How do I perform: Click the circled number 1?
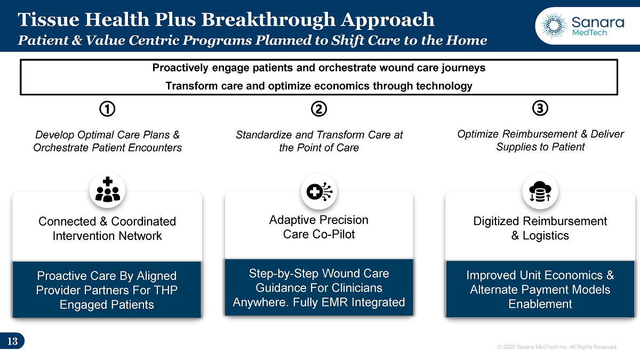tap(107, 109)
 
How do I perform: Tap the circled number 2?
tap(319, 109)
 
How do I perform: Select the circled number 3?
tap(540, 108)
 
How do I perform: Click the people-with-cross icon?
tap(107, 189)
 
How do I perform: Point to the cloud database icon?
tap(540, 191)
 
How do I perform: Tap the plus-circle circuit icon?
tap(319, 191)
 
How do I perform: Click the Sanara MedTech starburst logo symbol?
tap(554, 25)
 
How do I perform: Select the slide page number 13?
tap(12, 341)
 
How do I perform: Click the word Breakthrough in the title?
tap(268, 20)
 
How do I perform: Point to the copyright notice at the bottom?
tap(557, 347)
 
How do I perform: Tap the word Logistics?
tap(546, 236)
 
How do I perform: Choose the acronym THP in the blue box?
tap(166, 290)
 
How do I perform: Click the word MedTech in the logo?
tap(589, 33)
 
